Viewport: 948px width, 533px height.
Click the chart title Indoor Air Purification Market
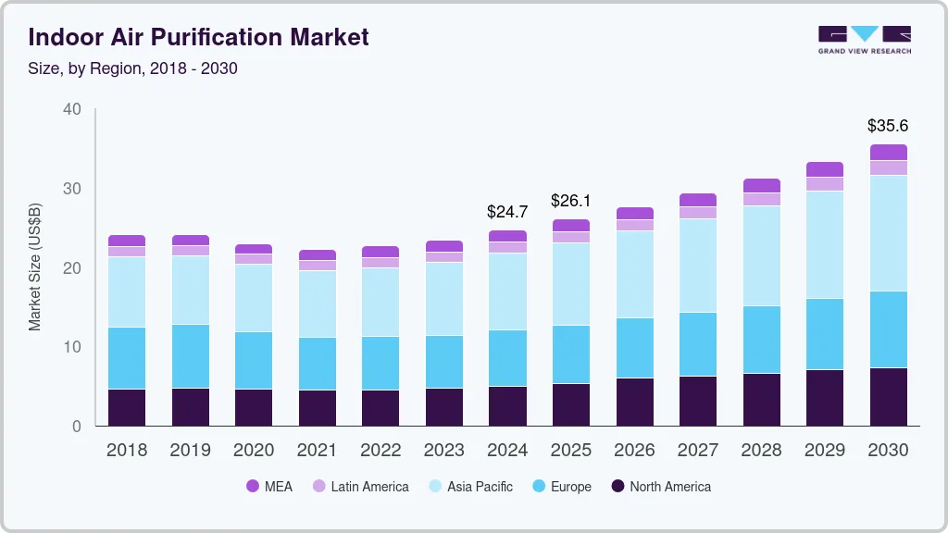coord(198,37)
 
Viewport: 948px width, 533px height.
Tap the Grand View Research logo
coord(864,39)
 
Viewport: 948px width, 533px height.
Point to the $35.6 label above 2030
coord(888,125)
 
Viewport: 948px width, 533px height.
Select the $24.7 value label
coord(507,212)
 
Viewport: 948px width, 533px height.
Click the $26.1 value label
coord(570,201)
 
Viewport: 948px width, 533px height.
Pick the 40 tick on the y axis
coord(72,109)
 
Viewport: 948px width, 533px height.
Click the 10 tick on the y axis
coord(72,347)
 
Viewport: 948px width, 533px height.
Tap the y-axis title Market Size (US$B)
coord(34,267)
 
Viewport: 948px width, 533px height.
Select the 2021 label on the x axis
coord(317,451)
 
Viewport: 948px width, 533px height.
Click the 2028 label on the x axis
coord(761,451)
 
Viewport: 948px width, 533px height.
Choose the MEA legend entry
coord(269,486)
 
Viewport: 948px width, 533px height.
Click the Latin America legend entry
coord(360,486)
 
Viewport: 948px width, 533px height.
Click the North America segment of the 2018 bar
coord(127,407)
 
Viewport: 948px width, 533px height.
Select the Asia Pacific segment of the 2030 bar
coord(888,233)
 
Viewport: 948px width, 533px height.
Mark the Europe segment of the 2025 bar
coord(570,354)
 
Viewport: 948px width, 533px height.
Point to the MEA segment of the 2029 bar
coord(825,169)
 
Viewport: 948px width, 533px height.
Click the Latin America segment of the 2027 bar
coord(697,213)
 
